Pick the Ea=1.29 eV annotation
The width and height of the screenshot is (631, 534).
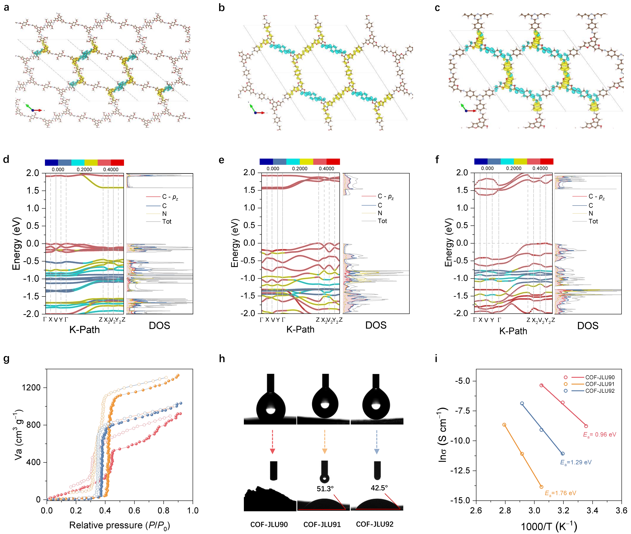click(x=576, y=462)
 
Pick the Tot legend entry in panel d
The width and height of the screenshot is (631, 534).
click(x=167, y=222)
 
